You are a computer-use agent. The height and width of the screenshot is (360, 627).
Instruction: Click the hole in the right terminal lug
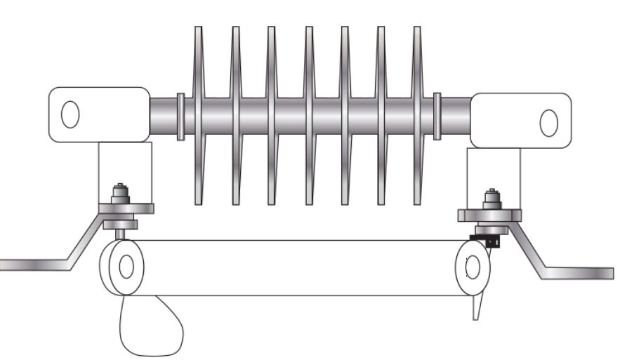click(x=548, y=123)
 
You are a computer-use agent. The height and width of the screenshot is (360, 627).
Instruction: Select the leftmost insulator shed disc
click(x=199, y=116)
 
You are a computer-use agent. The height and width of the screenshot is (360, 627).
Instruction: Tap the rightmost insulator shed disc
click(x=417, y=116)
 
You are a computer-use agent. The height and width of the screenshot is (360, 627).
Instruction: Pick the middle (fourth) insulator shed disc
click(x=308, y=116)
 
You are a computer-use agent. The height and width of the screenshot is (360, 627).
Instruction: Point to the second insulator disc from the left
click(x=235, y=116)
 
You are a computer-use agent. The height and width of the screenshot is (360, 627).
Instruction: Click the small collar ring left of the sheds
click(x=180, y=116)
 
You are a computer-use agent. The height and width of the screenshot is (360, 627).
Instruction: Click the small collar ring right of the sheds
click(x=437, y=116)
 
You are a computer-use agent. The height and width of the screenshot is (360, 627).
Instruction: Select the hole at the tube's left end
click(x=126, y=267)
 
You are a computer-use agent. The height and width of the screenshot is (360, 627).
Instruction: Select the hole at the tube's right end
click(x=473, y=267)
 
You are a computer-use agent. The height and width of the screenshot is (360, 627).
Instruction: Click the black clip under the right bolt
click(x=490, y=241)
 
